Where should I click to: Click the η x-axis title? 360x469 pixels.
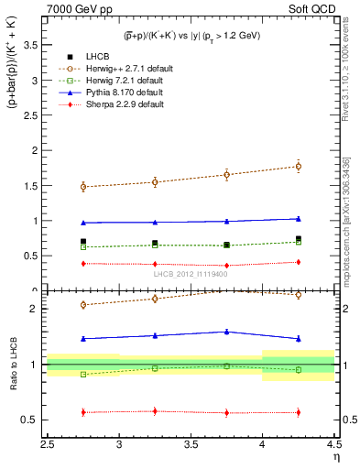(x=336, y=458)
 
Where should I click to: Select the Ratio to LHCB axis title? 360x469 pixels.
(x=12, y=382)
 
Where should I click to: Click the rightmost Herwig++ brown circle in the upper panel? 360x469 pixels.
(x=298, y=166)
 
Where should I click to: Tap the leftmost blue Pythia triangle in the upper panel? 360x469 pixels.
(x=83, y=223)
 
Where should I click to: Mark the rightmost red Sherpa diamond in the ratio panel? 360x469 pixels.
(x=298, y=412)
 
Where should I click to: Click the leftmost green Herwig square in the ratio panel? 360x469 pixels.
(x=83, y=374)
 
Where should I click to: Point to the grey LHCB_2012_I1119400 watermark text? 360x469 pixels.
(x=191, y=274)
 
